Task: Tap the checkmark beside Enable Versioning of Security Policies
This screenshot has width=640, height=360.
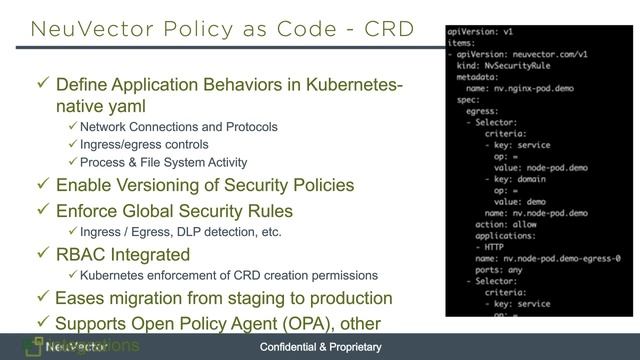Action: pos(41,186)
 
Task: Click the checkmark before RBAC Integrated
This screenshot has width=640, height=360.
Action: pos(41,254)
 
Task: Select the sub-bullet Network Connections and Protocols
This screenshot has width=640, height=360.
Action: pos(178,127)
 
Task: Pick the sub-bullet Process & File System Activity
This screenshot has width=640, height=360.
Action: pos(163,163)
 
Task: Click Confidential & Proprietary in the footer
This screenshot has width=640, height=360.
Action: pos(320,347)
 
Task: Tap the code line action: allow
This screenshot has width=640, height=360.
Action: pos(504,224)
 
